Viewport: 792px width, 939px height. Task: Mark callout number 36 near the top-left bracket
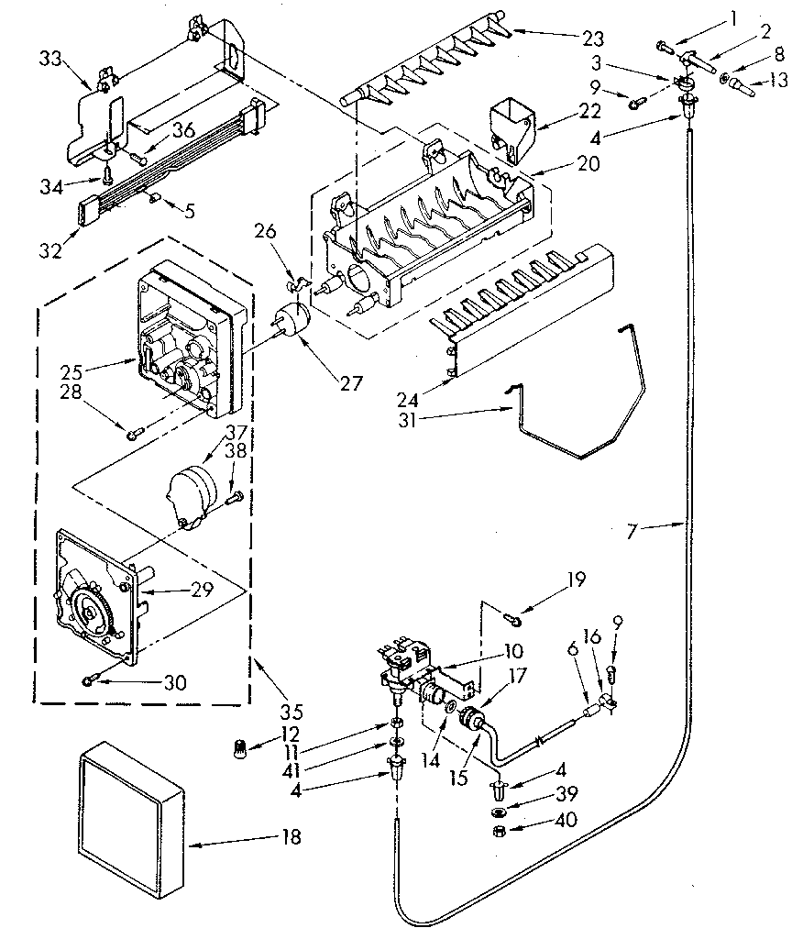pyautogui.click(x=183, y=131)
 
